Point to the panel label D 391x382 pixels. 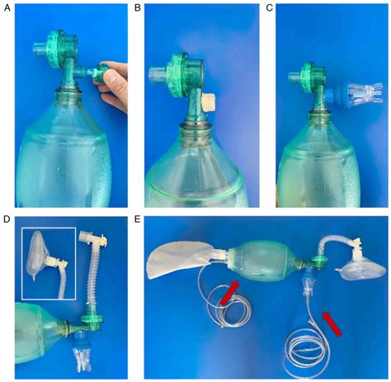[8, 220]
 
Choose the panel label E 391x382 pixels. [149, 220]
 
